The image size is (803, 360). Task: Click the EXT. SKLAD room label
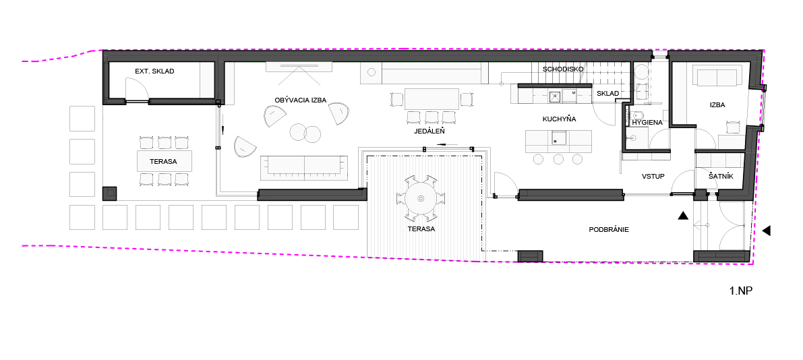coord(154,71)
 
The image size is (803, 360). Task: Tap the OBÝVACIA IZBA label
coord(300,100)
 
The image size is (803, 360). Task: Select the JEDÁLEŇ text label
coord(429,131)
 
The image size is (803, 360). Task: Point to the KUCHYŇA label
coord(559,119)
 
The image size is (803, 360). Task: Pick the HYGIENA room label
coord(647,123)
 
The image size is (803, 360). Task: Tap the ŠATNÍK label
coord(721,176)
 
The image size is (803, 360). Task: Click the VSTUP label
coord(653,176)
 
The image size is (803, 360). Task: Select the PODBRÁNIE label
coord(608,229)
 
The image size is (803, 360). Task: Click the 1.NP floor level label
coord(741,291)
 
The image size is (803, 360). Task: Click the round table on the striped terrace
coord(421,198)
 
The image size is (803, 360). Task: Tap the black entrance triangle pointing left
coord(766,231)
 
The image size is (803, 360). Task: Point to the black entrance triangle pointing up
coord(683,216)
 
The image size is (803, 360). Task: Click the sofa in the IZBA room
coord(717,76)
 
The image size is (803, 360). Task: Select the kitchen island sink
coord(558,138)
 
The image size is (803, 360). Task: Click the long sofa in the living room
coord(305,167)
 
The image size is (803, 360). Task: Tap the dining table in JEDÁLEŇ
coord(432,99)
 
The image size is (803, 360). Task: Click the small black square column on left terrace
coord(110,193)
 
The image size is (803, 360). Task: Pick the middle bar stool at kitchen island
coord(558,158)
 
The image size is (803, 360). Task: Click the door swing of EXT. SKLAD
coord(137,90)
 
